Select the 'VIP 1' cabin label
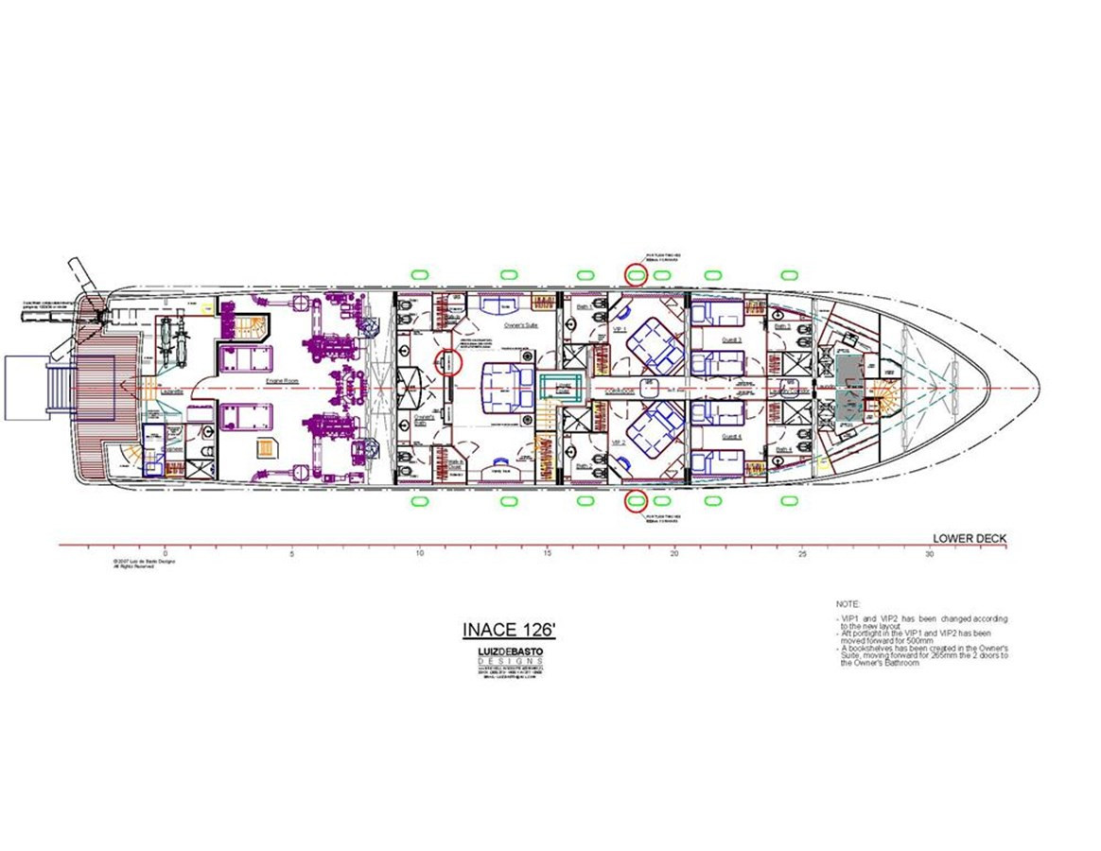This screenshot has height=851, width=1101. point(620,329)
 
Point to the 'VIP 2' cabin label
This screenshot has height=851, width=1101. point(620,443)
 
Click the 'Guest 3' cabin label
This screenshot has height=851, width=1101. point(733,339)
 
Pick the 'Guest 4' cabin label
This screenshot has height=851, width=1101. point(733,437)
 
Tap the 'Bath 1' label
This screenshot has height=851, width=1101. point(584,307)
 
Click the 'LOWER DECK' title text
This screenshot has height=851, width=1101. point(970,540)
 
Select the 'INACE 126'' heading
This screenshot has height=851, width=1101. point(501,630)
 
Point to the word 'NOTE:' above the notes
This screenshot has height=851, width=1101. point(848,603)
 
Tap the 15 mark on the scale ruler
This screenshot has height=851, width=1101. point(547,555)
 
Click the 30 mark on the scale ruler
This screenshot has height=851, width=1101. point(929,555)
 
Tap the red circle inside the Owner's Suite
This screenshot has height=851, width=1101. point(449,362)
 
